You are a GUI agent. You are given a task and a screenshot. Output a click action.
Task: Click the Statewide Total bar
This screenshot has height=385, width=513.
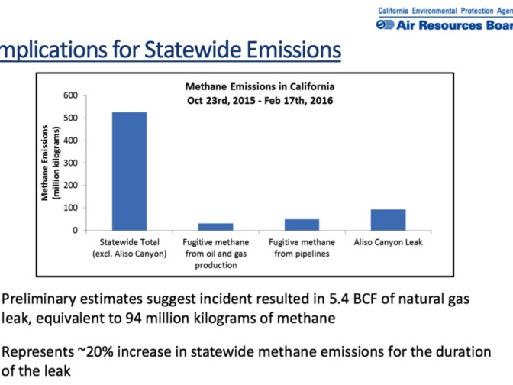129,170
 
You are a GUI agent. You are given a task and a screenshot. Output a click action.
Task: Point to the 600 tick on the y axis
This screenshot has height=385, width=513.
69,95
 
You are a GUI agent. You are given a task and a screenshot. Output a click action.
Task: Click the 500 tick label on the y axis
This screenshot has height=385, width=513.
69,118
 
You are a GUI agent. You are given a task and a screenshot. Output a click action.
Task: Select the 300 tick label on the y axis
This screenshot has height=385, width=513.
69,163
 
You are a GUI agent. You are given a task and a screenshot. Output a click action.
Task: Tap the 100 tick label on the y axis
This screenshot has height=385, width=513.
69,208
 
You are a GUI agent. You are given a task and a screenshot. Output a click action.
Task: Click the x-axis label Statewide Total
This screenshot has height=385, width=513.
129,249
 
